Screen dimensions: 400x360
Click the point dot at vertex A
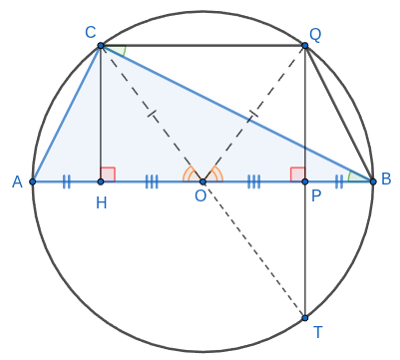pyautogui.click(x=32, y=181)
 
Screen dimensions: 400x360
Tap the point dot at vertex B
pyautogui.click(x=373, y=181)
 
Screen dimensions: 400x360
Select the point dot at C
pyautogui.click(x=101, y=46)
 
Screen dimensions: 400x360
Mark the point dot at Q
pyautogui.click(x=305, y=46)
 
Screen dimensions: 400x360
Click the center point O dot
pyautogui.click(x=202, y=181)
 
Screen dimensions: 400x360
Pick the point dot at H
pyautogui.click(x=101, y=181)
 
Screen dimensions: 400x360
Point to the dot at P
pyautogui.click(x=305, y=181)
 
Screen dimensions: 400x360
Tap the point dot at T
pyautogui.click(x=305, y=318)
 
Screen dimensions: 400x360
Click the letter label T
pyautogui.click(x=318, y=332)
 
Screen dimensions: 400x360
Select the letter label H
pyautogui.click(x=102, y=202)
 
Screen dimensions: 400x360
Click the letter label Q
pyautogui.click(x=315, y=35)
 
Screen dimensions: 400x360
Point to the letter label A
pyautogui.click(x=17, y=181)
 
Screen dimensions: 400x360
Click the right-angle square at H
pyautogui.click(x=108, y=175)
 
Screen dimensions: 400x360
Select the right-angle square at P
pyautogui.click(x=298, y=175)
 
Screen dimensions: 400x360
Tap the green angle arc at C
pyautogui.click(x=124, y=52)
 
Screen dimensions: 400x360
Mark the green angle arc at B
pyautogui.click(x=350, y=176)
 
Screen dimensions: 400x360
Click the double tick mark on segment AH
pyautogui.click(x=67, y=181)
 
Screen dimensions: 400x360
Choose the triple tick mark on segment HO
pyautogui.click(x=152, y=181)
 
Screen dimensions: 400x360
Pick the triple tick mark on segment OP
pyautogui.click(x=253, y=181)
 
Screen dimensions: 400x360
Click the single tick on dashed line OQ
pyautogui.click(x=253, y=114)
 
